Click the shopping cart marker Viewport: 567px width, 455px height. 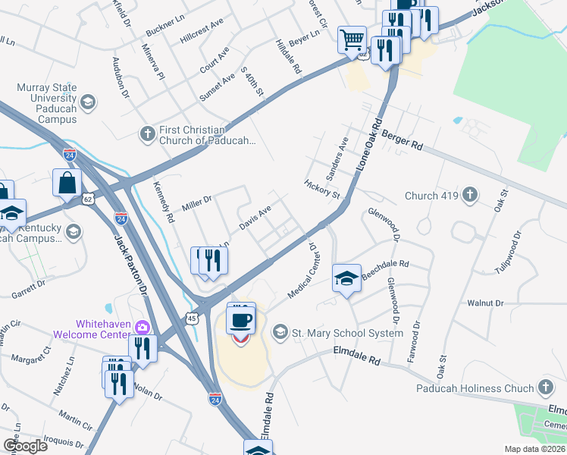(x=352, y=39)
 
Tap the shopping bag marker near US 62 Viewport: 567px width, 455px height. (x=67, y=182)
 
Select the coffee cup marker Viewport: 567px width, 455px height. (x=241, y=319)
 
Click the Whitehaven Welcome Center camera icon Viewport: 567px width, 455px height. (x=142, y=327)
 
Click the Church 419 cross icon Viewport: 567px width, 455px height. (x=470, y=196)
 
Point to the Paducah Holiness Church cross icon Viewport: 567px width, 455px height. (x=545, y=388)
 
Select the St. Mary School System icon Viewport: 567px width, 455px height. (x=280, y=333)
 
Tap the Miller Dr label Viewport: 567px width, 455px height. (x=196, y=203)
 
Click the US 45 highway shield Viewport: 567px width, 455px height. (x=193, y=318)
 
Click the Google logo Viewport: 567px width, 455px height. (x=25, y=446)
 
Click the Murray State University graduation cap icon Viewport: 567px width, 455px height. (x=88, y=102)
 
